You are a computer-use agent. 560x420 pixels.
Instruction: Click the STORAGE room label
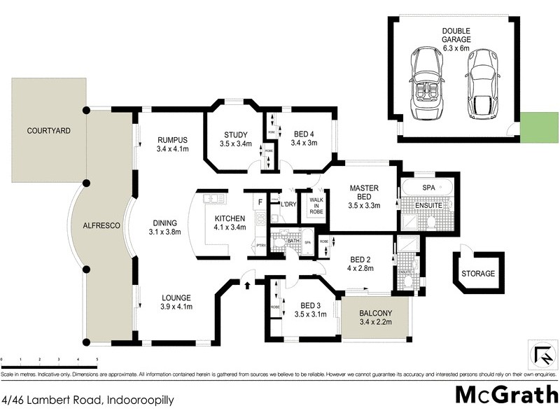tap(478, 274)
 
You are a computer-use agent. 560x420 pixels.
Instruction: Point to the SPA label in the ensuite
tap(428, 189)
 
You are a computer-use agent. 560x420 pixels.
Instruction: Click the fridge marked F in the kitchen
tap(260, 202)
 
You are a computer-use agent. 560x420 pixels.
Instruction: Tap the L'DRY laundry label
tap(288, 204)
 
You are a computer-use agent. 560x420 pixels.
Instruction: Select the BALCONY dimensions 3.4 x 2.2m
tap(376, 323)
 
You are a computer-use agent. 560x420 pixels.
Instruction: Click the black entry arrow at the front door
tap(248, 284)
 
